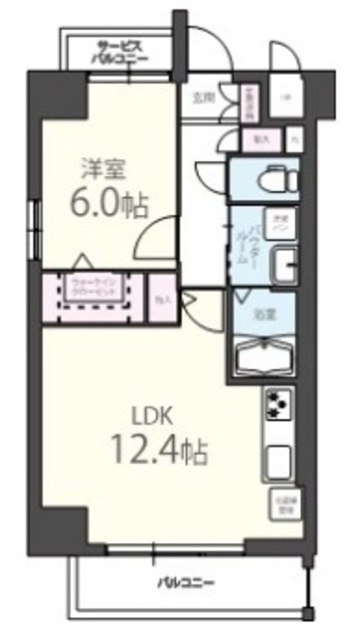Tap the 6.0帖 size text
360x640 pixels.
[109, 204]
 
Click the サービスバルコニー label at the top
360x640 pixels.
[123, 51]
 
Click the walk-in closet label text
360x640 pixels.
[95, 287]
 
